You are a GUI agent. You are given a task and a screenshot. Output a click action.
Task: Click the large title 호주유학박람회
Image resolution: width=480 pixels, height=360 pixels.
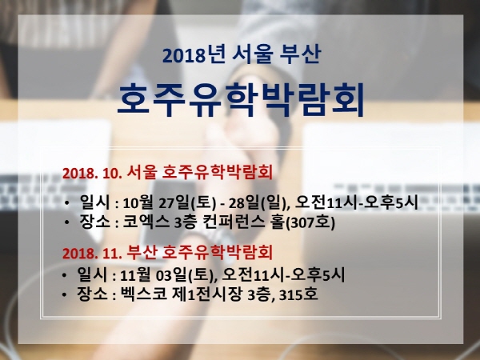241,100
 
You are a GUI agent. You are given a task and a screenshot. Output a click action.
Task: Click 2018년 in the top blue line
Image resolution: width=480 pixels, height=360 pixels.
194,54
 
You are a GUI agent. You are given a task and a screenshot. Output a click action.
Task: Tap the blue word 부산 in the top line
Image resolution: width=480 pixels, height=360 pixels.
300,54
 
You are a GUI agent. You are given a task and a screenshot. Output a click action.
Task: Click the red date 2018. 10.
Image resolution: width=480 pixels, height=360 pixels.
92,174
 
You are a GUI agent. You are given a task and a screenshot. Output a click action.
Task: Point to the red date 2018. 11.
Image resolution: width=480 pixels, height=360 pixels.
92,254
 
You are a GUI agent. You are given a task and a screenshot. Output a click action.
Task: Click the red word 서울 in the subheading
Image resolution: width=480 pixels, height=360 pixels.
142,172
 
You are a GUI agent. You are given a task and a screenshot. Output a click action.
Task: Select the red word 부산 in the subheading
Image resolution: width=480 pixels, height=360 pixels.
142,253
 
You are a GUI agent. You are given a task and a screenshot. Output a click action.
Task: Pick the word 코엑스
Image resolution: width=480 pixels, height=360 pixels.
146,222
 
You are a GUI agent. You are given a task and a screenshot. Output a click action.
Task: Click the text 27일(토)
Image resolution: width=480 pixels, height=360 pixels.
187,202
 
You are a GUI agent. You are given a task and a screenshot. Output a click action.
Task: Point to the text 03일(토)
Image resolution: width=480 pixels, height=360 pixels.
184,275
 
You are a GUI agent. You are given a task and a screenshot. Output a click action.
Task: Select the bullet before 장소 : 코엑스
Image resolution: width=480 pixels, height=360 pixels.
66,222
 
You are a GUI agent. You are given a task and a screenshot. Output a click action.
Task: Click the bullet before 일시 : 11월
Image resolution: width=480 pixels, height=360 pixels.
64,275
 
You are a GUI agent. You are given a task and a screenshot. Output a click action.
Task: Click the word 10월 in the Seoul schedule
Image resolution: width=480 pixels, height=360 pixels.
138,202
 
